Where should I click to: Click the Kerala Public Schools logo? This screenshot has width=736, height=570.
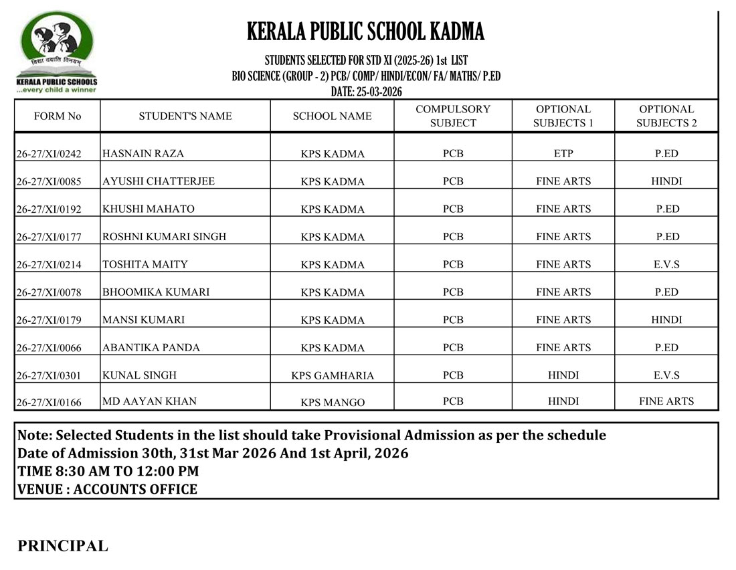(57, 52)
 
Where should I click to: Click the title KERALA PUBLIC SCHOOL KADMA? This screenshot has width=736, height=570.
(365, 31)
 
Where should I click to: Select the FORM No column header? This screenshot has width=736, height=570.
(58, 116)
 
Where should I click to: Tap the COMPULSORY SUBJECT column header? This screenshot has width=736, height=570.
(453, 116)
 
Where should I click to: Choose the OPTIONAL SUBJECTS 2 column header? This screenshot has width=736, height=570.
(666, 116)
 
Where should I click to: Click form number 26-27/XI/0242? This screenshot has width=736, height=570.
(48, 154)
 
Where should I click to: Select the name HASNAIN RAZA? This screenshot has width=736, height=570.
(143, 153)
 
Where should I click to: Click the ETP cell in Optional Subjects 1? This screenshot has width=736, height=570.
(563, 153)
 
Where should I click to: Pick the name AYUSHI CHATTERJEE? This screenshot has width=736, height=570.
(159, 181)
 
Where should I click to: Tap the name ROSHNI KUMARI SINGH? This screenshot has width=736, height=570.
(165, 236)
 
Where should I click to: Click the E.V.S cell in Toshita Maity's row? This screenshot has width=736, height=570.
(666, 264)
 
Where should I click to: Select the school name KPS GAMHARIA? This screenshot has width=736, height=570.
(333, 375)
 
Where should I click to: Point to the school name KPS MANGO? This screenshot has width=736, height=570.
(333, 403)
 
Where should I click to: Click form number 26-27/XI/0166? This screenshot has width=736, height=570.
(48, 403)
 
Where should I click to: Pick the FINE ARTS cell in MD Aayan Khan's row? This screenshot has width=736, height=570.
(666, 401)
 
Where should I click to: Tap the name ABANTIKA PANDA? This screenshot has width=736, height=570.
(151, 347)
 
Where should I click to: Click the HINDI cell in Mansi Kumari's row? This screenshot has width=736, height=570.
(666, 320)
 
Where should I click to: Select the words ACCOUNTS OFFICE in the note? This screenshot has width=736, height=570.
(135, 489)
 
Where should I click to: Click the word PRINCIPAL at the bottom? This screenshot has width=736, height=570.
(63, 546)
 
